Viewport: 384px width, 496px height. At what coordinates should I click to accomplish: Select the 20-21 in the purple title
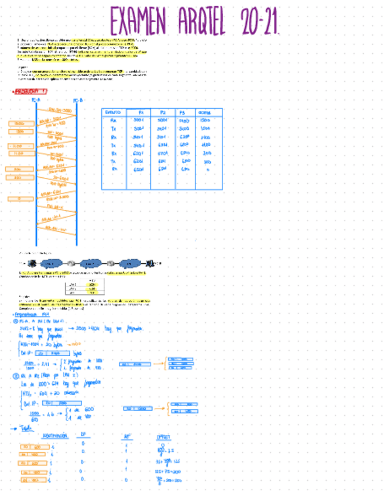click(x=259, y=23)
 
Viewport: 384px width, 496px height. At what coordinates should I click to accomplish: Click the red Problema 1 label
click(x=30, y=91)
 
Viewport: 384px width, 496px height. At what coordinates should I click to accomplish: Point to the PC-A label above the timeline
click(x=36, y=100)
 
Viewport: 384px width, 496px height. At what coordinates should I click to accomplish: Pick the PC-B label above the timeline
click(x=76, y=100)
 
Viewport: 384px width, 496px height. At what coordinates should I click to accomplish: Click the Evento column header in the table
click(x=114, y=112)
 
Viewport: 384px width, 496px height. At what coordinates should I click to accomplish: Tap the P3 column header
click(x=183, y=112)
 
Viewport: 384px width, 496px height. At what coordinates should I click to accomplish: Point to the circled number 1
click(x=16, y=321)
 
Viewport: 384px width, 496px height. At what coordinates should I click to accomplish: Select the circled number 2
click(x=16, y=377)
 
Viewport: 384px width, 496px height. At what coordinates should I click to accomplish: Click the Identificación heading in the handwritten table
click(x=56, y=436)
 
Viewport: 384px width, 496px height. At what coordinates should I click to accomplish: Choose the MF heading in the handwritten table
click(x=127, y=436)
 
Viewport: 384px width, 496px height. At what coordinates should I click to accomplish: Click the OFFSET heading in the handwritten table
click(x=163, y=436)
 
